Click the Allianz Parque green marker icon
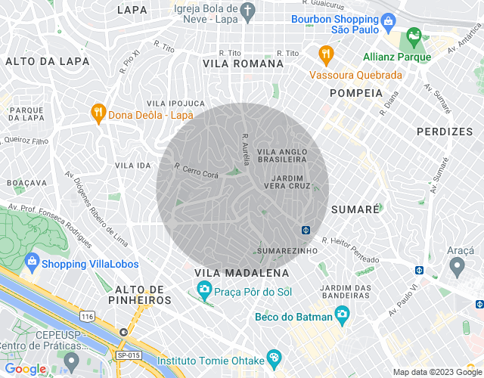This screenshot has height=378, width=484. (414, 36)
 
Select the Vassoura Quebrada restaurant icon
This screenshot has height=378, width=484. (326, 54)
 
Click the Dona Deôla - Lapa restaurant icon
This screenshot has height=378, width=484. (98, 113)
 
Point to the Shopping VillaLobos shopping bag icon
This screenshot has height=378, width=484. (32, 263)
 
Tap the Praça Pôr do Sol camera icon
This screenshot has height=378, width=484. (203, 290)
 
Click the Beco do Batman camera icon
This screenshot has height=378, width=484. (343, 314)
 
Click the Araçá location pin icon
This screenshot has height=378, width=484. (456, 265)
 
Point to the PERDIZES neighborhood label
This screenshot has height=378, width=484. (444, 132)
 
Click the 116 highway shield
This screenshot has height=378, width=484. (88, 315)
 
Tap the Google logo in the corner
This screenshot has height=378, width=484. (26, 368)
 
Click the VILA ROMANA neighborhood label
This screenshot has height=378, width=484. (243, 64)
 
